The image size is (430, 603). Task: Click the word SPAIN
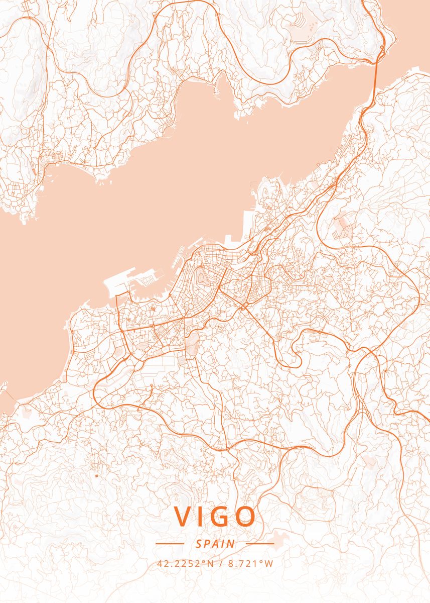coord(215,543)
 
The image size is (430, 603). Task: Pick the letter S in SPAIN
coord(199,543)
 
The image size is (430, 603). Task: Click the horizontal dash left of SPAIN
coord(170,543)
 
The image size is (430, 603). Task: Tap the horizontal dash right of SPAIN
coord(260,543)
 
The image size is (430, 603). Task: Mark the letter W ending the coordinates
coord(269,563)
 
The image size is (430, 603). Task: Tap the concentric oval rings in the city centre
coord(201,275)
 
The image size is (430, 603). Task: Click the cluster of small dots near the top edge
coord(311,23)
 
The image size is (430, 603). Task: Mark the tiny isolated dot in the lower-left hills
coord(96,475)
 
